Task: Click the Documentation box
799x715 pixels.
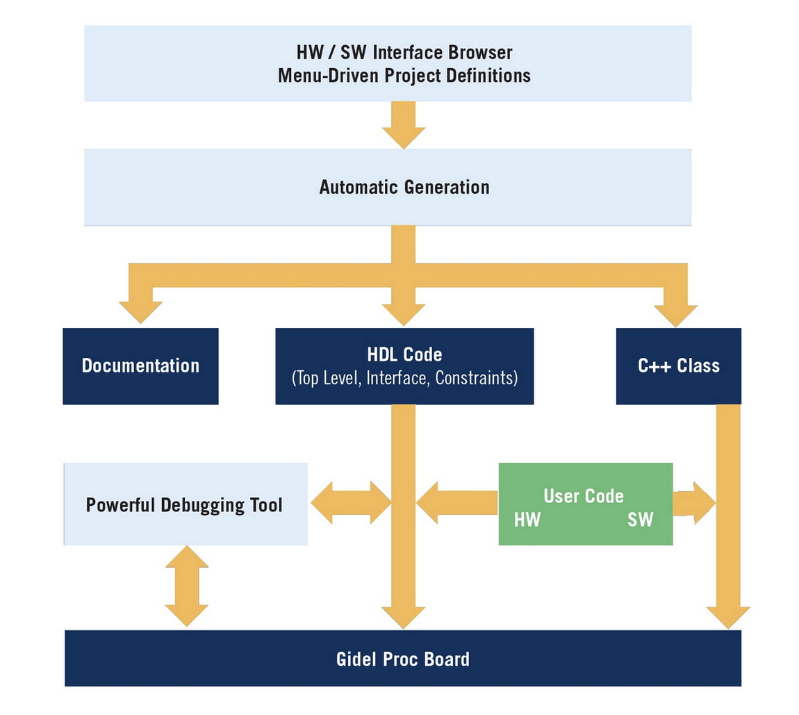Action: [x=140, y=366]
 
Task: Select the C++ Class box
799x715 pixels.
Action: [x=678, y=366]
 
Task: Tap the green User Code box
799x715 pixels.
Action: [x=585, y=504]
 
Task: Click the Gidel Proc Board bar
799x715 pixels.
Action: [x=403, y=658]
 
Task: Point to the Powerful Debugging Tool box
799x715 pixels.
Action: [x=185, y=504]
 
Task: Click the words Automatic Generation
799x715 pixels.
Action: [x=404, y=187]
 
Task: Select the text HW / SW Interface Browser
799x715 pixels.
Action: [x=404, y=52]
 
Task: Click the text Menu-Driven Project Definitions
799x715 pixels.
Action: [x=404, y=75]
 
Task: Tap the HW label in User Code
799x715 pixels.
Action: [x=527, y=520]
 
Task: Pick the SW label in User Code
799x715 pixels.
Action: [x=640, y=520]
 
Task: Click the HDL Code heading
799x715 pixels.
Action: [x=404, y=354]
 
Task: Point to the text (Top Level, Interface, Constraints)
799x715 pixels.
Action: [x=404, y=379]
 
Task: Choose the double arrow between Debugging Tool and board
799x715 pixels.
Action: [x=186, y=586]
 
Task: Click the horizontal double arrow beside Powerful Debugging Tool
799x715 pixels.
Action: [x=351, y=502]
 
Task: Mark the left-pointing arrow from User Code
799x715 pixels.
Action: [x=456, y=502]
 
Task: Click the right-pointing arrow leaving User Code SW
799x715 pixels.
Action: [x=693, y=502]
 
